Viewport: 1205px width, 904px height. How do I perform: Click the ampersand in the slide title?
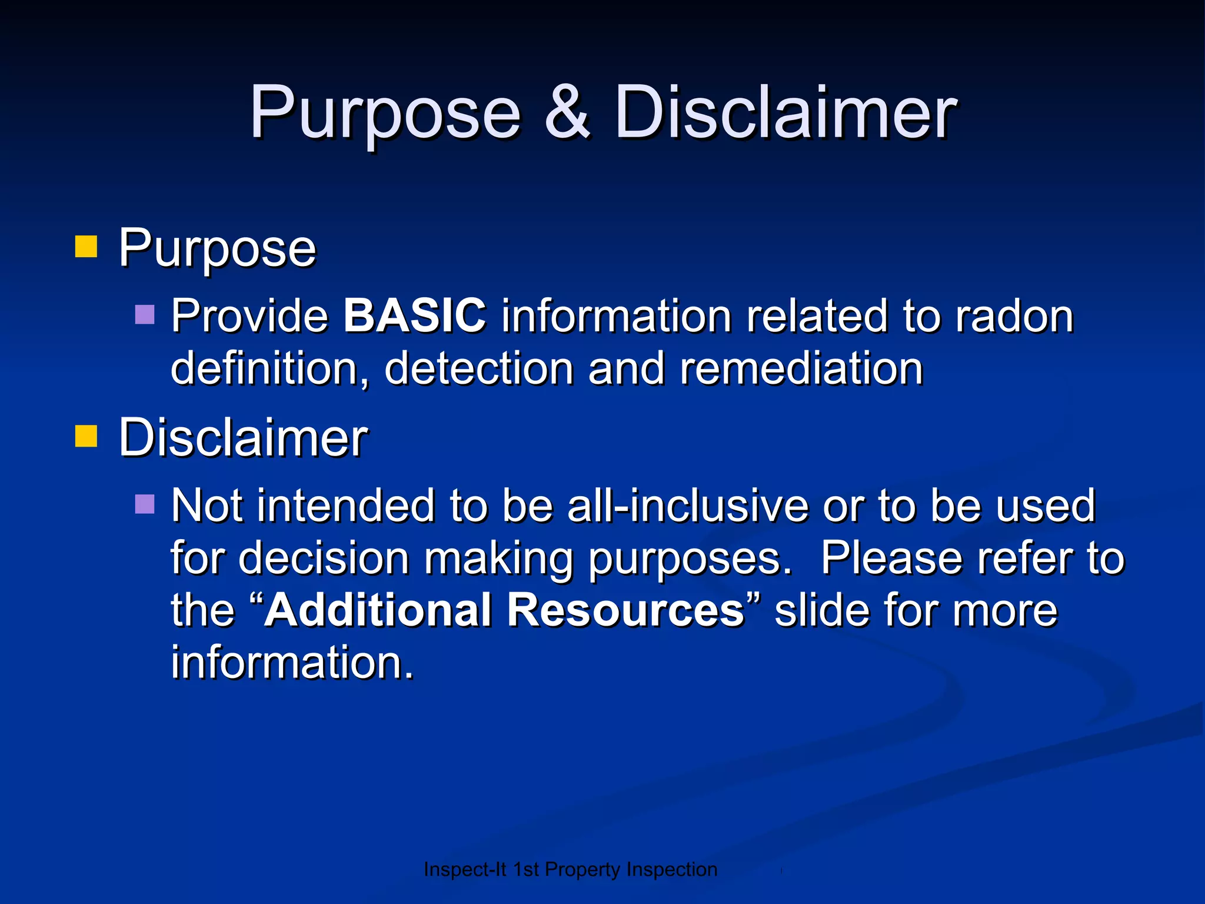[x=567, y=112]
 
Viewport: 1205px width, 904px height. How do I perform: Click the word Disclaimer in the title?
[x=785, y=112]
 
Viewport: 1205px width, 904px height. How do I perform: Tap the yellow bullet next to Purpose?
[x=86, y=247]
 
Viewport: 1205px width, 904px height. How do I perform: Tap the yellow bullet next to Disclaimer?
[x=86, y=437]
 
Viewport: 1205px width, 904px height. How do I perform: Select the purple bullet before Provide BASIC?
[x=145, y=315]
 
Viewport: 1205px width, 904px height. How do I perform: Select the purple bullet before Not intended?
[x=145, y=504]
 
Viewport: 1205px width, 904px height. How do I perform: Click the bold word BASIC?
[x=415, y=315]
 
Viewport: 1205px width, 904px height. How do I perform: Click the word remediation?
[x=801, y=368]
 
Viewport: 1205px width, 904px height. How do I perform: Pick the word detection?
[x=479, y=368]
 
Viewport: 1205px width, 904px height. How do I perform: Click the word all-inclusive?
[x=687, y=506]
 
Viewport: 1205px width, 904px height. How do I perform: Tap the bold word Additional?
[x=378, y=610]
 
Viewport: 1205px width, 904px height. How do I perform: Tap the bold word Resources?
[x=626, y=610]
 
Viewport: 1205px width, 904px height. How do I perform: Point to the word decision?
[x=324, y=558]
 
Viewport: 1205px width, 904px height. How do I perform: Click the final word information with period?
[x=292, y=662]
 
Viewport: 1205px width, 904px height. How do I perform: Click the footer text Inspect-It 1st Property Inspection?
[x=570, y=869]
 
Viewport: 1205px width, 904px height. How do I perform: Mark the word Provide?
[x=249, y=317]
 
